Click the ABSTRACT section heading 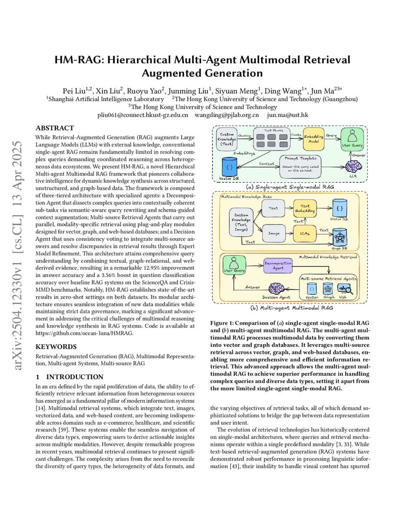54,128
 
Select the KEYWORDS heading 56,347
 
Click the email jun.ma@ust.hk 287,115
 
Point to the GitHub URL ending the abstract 84,333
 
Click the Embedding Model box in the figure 314,139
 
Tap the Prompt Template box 300,166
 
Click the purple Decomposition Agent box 277,266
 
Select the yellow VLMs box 304,234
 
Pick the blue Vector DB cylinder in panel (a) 229,166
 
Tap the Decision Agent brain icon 276,288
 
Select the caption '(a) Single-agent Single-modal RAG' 290,187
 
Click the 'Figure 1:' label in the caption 222,323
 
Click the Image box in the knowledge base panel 273,233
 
